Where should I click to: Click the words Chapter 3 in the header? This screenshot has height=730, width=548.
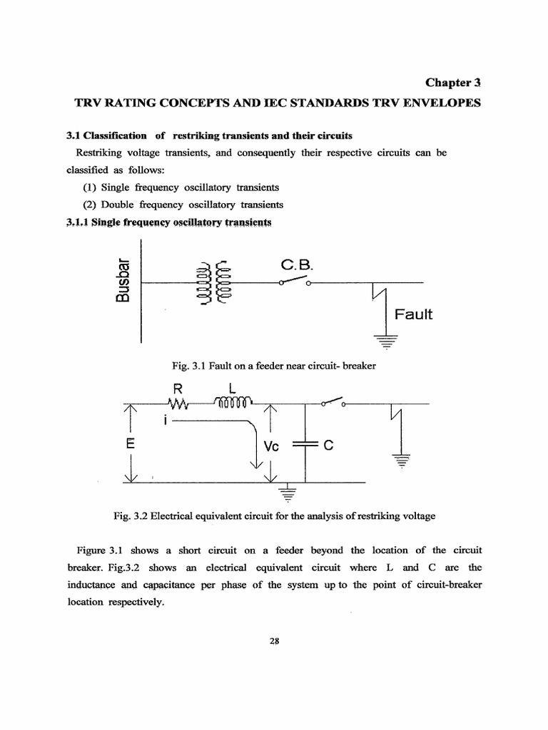point(454,83)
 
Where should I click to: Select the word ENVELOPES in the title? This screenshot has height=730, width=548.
point(442,103)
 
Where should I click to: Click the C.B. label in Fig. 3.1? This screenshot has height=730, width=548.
point(295,265)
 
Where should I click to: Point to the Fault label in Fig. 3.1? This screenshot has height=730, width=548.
point(414,314)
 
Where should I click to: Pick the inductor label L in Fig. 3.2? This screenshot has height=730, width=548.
point(233,389)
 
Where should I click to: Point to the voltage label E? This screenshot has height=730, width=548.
point(130,443)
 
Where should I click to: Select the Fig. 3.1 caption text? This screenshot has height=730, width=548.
point(274,366)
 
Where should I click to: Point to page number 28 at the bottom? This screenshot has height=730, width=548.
point(274,640)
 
